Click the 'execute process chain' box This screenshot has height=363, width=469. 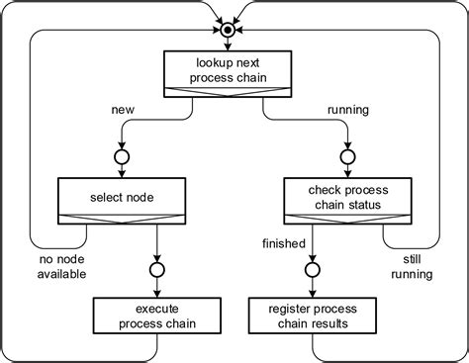pos(156,317)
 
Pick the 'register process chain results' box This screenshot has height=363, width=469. pos(314,317)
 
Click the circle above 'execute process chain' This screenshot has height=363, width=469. pos(156,268)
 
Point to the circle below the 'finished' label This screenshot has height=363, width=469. pos(314,268)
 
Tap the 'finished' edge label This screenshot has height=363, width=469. pos(284,243)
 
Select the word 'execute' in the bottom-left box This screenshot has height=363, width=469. pos(156,309)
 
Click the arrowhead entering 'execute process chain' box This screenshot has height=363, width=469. pos(156,292)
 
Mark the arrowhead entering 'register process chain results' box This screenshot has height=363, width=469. pos(314,292)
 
